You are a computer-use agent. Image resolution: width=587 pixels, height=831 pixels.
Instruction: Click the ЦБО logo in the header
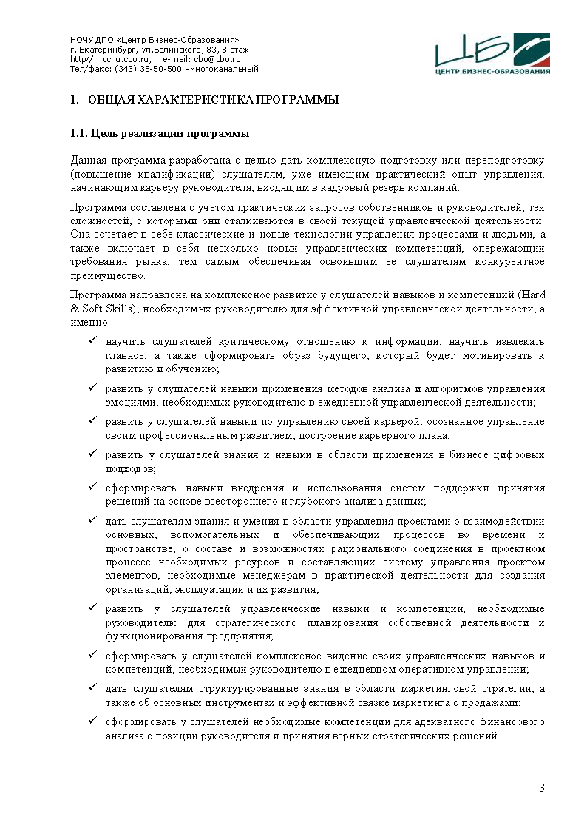492,54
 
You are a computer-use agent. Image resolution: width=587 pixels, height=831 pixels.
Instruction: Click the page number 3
541,787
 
